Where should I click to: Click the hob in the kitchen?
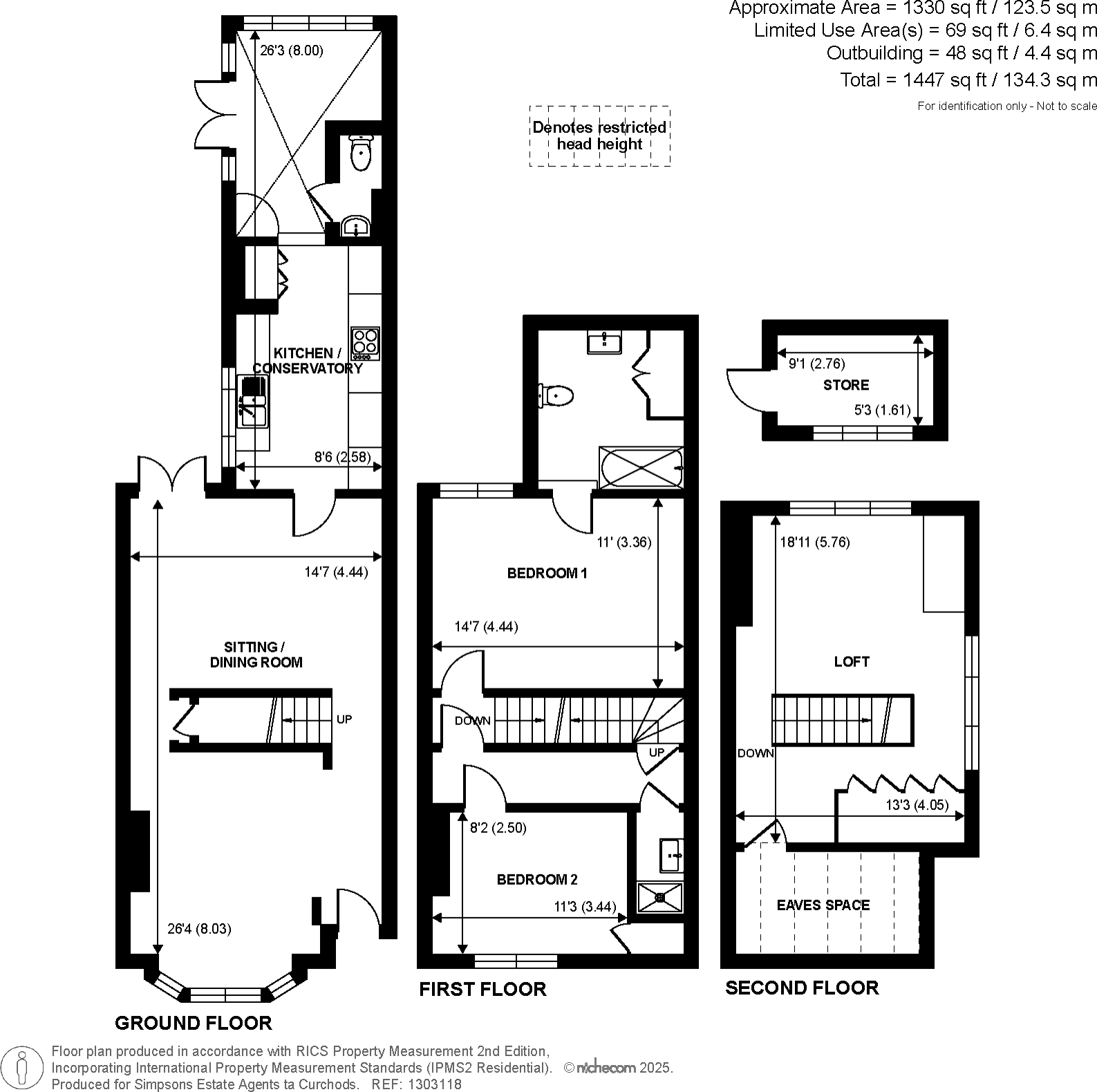365,343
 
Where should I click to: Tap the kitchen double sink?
253,402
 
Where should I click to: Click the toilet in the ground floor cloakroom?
361,153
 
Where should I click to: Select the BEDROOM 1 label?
547,573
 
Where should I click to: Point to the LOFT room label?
851,661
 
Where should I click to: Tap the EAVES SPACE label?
823,905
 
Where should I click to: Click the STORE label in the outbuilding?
845,385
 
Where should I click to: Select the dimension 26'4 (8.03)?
199,929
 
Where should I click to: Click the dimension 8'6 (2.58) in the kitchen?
342,457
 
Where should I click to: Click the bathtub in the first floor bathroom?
641,467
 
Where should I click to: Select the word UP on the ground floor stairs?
344,719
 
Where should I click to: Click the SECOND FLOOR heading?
801,988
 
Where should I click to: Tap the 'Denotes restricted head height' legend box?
599,136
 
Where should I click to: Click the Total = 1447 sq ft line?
968,80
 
